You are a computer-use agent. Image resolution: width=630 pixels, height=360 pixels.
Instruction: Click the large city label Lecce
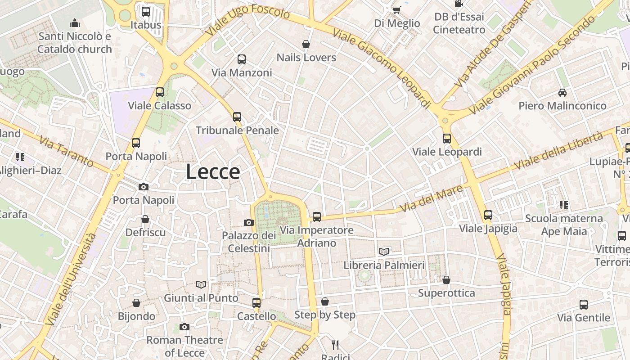(x=213, y=172)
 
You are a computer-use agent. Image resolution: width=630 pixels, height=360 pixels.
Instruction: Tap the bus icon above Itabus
(x=145, y=12)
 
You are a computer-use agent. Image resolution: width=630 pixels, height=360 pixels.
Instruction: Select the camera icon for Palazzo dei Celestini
(x=248, y=222)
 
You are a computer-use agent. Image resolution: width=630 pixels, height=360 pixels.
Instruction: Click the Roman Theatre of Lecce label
(x=184, y=346)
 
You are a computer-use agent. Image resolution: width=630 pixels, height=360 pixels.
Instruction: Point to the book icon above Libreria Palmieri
(x=383, y=252)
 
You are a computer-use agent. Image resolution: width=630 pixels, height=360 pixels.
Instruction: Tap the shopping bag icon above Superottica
(x=446, y=280)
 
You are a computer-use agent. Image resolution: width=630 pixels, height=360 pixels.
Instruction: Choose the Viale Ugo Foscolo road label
(x=248, y=20)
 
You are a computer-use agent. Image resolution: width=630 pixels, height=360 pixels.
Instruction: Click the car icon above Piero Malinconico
(x=562, y=93)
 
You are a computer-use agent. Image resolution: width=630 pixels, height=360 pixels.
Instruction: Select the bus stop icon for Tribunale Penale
(x=237, y=117)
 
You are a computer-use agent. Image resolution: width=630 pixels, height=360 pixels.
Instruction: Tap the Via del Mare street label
(x=431, y=199)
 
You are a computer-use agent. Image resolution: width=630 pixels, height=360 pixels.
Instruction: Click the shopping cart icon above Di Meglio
(x=396, y=10)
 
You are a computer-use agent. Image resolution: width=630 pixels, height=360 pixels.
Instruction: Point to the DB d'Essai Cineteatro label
(x=459, y=23)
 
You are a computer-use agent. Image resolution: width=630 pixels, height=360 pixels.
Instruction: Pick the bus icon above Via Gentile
(x=584, y=305)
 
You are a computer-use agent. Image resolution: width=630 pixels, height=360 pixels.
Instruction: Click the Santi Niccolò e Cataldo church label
(x=75, y=43)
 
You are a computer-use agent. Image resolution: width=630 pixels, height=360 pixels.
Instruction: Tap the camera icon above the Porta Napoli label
(x=144, y=187)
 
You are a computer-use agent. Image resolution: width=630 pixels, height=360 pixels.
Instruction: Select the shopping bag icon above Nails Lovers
(x=306, y=44)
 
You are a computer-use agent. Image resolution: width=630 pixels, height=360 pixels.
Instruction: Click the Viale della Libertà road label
(x=558, y=151)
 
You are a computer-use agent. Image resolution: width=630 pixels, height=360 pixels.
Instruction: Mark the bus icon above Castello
(x=256, y=303)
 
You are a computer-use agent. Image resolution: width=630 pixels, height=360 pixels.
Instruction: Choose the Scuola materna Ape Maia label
(x=564, y=225)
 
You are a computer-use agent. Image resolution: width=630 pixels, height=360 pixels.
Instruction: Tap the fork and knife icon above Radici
(x=335, y=345)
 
